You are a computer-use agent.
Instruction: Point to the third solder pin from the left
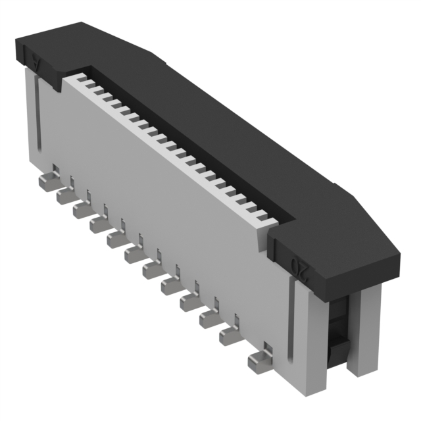[x=82, y=210]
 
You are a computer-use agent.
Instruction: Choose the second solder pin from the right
[x=228, y=336]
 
